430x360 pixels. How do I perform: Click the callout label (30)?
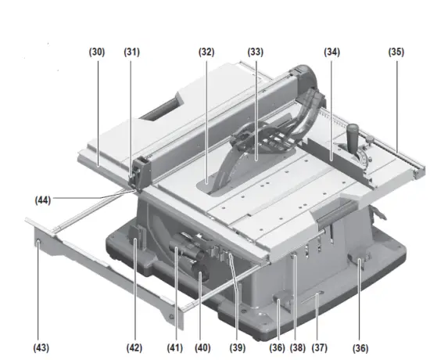click(x=96, y=52)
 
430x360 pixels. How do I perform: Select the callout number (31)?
click(x=131, y=52)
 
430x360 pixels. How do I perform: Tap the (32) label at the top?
click(x=206, y=52)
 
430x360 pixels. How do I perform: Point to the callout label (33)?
click(x=256, y=52)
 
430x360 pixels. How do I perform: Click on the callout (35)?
click(x=396, y=52)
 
